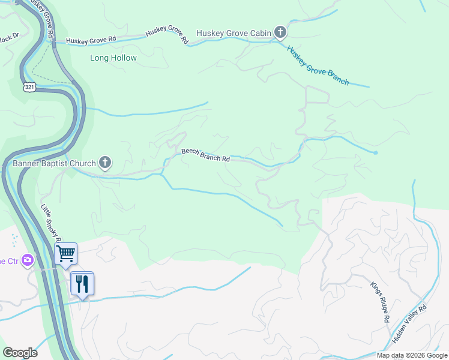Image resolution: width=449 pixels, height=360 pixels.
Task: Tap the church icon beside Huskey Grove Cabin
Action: pos(280,32)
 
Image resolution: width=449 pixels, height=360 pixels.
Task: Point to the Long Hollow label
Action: pos(113,58)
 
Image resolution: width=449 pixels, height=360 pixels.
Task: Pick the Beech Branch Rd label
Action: pos(206,156)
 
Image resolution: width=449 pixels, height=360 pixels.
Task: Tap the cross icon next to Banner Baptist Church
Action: pos(105,162)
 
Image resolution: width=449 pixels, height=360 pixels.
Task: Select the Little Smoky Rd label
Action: pos(50,223)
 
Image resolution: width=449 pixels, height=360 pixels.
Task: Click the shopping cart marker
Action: pos(65,253)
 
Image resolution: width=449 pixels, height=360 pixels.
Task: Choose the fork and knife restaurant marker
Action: pos(82,283)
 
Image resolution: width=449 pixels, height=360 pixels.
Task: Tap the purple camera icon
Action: pos(27,260)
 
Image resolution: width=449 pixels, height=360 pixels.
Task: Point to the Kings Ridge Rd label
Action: pos(379,303)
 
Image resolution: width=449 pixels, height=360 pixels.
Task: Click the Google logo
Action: pos(20,353)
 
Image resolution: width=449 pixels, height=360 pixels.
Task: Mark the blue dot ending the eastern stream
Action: pos(376,153)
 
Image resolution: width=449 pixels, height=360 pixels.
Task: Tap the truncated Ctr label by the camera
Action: pos(7,260)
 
